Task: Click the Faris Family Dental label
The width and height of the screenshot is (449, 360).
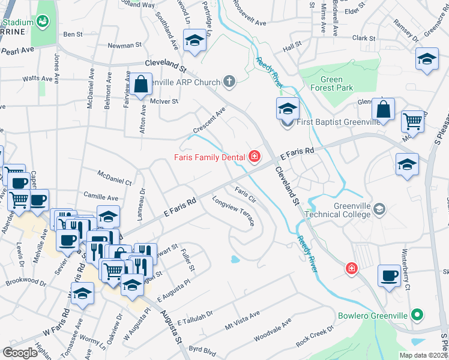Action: coord(209,158)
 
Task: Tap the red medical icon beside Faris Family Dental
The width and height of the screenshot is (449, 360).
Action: coord(255,157)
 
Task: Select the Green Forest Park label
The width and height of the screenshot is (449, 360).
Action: coord(331,84)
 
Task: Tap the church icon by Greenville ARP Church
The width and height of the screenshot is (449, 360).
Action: coord(229,81)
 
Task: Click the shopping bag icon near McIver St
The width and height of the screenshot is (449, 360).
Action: coord(141,85)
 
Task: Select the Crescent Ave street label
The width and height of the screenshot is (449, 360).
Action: coord(209,121)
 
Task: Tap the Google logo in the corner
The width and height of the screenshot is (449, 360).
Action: coord(20,353)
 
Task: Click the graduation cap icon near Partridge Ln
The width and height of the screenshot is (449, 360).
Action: coord(194,41)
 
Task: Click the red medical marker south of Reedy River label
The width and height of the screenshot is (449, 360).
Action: coord(351,269)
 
